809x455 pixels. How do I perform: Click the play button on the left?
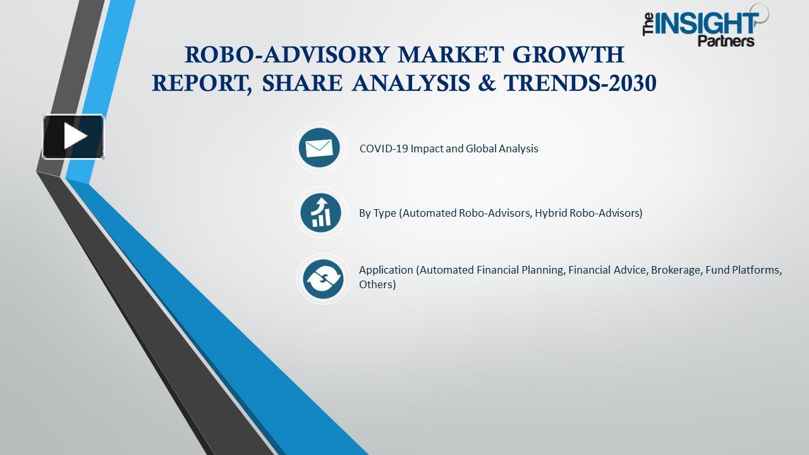click(73, 136)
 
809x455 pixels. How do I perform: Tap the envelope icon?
click(319, 148)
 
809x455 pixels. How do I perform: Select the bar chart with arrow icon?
click(320, 212)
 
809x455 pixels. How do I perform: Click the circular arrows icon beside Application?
click(322, 279)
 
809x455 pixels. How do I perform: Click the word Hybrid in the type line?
click(550, 213)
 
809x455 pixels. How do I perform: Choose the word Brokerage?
click(676, 270)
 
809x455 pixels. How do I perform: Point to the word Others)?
click(377, 284)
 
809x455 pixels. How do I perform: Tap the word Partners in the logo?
click(726, 41)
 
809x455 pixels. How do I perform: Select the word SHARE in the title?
click(305, 83)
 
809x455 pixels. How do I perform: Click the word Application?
click(386, 270)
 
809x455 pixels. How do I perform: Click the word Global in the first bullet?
click(481, 149)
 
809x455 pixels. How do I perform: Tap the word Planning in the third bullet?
click(542, 270)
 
